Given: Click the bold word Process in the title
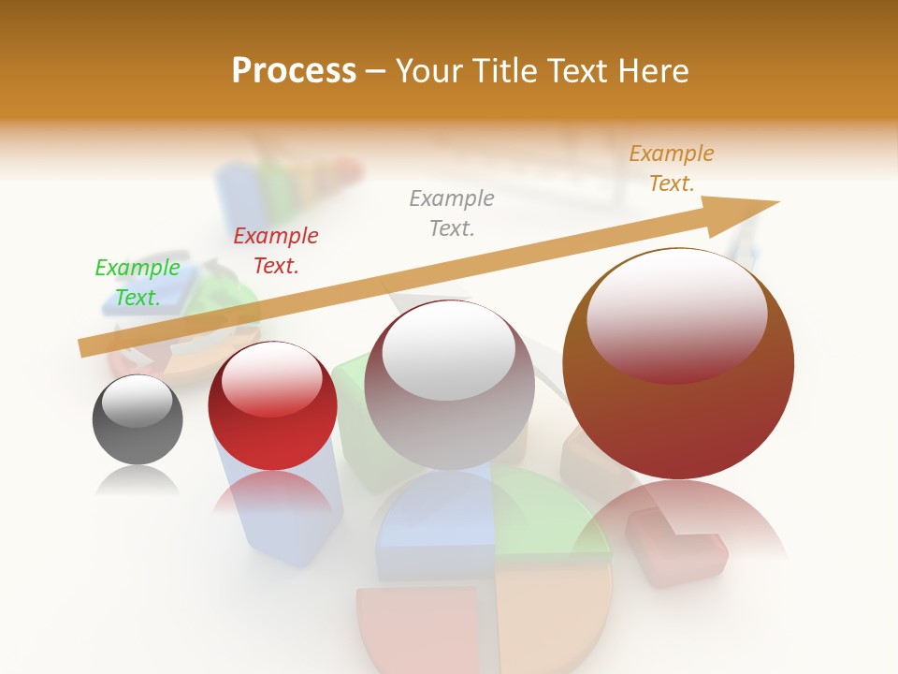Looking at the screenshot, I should (x=294, y=71).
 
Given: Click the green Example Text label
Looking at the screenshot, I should (x=138, y=283).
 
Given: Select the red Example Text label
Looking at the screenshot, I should (x=276, y=251).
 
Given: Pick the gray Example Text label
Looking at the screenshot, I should (x=452, y=212).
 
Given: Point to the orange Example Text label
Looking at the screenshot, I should (x=672, y=168).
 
